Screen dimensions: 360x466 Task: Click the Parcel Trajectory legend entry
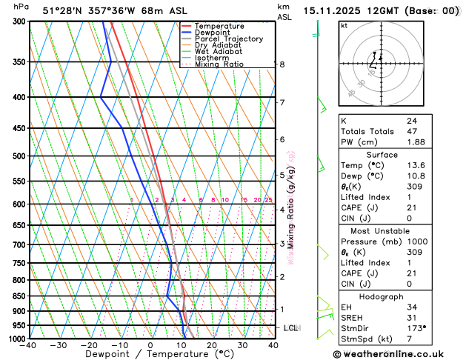[x=229, y=39]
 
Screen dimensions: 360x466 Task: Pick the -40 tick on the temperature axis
[x=29, y=345]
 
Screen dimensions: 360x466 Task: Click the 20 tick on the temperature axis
[x=212, y=345]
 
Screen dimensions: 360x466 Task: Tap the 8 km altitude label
[x=282, y=64]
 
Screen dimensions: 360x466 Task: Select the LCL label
[x=291, y=327]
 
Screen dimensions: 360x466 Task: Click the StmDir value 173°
[x=416, y=327]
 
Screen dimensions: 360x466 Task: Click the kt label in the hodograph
[x=344, y=25]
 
